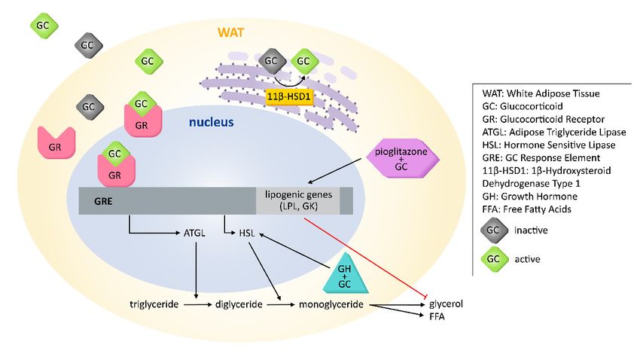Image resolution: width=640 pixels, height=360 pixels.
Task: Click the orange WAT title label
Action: [230, 32]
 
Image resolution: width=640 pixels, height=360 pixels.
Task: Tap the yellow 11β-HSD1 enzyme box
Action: [289, 96]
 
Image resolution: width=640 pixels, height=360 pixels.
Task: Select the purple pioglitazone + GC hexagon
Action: [401, 159]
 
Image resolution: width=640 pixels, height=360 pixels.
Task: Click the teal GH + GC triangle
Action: [345, 273]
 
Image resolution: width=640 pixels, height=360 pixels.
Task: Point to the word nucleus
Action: [211, 122]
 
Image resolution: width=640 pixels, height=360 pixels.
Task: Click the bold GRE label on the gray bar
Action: [103, 201]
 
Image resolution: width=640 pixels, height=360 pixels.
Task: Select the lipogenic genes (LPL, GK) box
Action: [298, 200]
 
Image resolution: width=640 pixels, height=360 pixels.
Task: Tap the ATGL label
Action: [194, 233]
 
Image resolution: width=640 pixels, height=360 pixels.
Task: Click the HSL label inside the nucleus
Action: [247, 233]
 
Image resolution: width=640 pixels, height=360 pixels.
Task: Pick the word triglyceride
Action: [154, 304]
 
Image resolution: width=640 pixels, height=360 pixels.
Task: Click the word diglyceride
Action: [239, 304]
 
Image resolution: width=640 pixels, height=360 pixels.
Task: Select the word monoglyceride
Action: [331, 304]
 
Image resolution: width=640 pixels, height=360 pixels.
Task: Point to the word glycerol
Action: [446, 304]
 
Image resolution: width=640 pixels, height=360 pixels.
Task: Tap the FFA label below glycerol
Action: [437, 317]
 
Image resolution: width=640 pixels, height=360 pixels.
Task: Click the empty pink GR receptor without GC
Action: [56, 142]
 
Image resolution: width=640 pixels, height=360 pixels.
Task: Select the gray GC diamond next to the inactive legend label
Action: [494, 230]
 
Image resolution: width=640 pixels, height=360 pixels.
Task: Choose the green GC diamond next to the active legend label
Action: [494, 259]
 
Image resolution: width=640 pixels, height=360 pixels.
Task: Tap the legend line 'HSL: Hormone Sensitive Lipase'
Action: [549, 145]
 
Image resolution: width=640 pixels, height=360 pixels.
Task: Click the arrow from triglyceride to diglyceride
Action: [198, 304]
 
